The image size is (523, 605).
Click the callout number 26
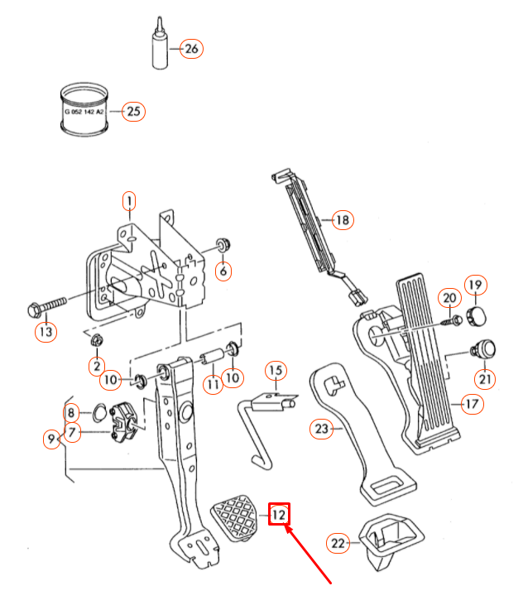[191, 49]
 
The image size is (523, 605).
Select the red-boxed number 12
[280, 514]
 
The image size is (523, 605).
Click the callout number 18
[342, 220]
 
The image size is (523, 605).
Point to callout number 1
[128, 199]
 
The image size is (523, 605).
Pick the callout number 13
[222, 270]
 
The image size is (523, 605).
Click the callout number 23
[321, 429]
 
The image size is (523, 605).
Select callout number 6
[222, 270]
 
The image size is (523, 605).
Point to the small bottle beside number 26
[158, 50]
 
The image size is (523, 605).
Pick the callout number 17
[472, 405]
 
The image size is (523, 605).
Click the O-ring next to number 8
[97, 412]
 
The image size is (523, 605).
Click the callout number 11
[214, 384]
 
